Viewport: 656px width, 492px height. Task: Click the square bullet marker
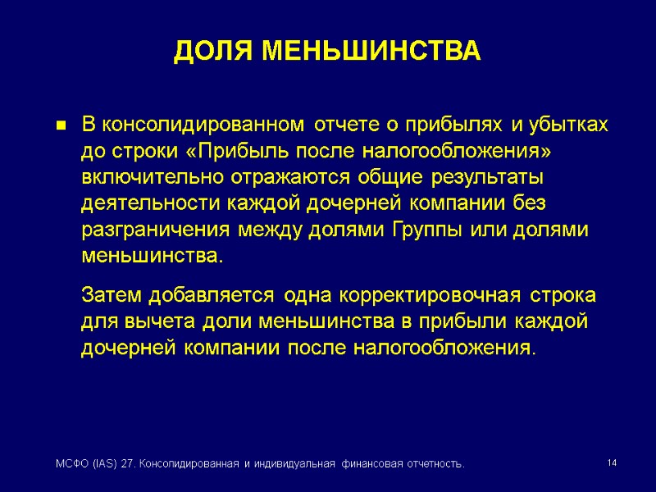(60, 125)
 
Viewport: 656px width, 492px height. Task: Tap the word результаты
(464, 177)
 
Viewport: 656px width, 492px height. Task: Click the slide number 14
(611, 464)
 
